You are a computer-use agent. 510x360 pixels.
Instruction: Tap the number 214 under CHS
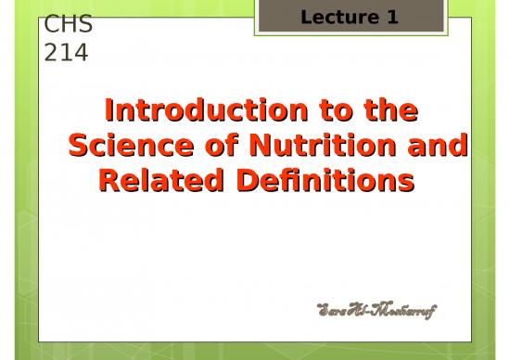pyautogui.click(x=66, y=53)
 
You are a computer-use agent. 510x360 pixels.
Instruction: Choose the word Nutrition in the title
pyautogui.click(x=313, y=147)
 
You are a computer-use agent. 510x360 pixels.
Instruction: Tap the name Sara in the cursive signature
pyautogui.click(x=336, y=307)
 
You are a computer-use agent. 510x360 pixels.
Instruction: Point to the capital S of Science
pyautogui.click(x=82, y=147)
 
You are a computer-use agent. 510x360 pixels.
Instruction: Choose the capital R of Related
pyautogui.click(x=109, y=181)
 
